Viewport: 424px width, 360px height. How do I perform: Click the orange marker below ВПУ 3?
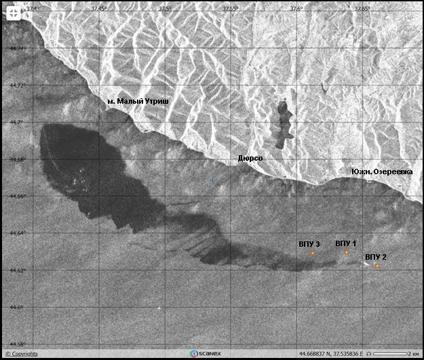tap(313, 253)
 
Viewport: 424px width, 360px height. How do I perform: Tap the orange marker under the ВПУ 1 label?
tap(346, 252)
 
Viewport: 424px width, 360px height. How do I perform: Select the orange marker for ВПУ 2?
tap(377, 266)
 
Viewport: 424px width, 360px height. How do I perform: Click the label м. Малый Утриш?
tap(138, 102)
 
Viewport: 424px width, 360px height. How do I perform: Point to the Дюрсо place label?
tap(250, 157)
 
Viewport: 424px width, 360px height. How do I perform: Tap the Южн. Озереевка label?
tap(382, 172)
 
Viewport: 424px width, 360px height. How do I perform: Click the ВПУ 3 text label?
tap(309, 243)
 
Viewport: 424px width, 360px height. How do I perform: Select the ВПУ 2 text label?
tap(376, 257)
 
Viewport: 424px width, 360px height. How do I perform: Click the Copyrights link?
tap(22, 354)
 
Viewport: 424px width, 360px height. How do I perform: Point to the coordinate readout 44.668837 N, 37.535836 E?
tap(331, 353)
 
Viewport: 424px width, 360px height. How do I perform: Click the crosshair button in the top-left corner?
tap(13, 13)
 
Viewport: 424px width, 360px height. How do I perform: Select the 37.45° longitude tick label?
tap(99, 8)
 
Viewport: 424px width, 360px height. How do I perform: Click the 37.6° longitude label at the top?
tap(296, 8)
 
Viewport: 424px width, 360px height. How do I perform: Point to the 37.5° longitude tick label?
tap(165, 8)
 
